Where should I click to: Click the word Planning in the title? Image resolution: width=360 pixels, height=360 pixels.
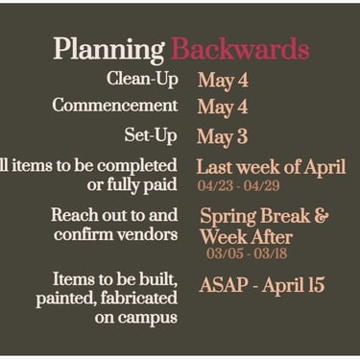click(x=108, y=50)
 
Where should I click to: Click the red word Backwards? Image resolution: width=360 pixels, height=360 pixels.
click(x=240, y=48)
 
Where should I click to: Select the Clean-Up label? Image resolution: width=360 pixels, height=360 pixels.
click(x=142, y=79)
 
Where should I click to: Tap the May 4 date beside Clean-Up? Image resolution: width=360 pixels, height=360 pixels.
click(x=223, y=81)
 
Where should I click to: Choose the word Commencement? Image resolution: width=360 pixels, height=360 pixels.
click(x=115, y=105)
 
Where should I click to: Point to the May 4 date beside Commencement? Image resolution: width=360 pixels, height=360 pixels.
click(x=223, y=108)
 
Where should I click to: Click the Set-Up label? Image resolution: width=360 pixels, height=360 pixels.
click(x=151, y=135)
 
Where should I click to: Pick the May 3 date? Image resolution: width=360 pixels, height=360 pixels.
click(x=223, y=136)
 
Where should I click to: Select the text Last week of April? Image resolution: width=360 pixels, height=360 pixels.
click(x=271, y=167)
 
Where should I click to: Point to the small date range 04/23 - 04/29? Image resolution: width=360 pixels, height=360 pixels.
click(x=239, y=185)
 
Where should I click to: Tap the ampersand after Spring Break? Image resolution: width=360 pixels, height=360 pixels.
click(x=321, y=216)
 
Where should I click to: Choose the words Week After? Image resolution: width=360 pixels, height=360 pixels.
click(x=247, y=237)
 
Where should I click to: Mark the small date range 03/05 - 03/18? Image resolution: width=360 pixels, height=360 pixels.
click(x=247, y=253)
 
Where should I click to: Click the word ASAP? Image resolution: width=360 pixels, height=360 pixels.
click(x=224, y=284)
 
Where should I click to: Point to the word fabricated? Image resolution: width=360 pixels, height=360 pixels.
click(x=139, y=298)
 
